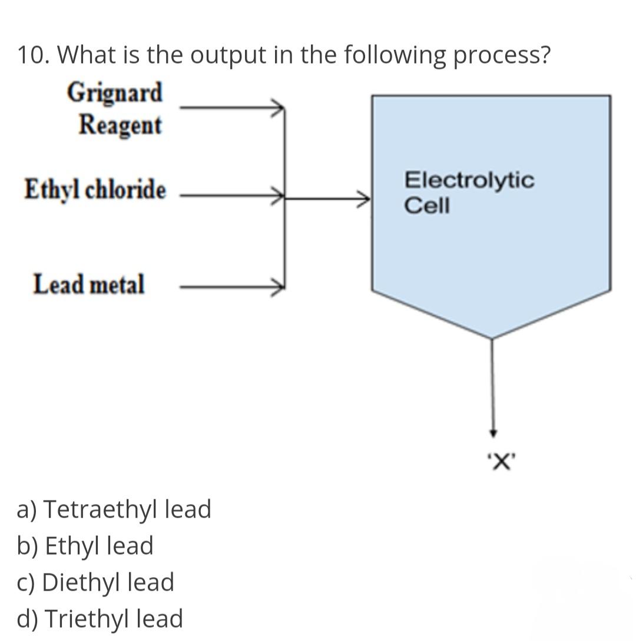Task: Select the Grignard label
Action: point(114,93)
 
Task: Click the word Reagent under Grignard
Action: point(120,125)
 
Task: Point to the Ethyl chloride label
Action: point(95,190)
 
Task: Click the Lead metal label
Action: point(88,284)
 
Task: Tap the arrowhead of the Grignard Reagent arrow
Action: point(280,108)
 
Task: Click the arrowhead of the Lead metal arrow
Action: point(280,286)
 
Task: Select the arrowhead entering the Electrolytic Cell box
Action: point(366,198)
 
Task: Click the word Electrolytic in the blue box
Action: point(469,180)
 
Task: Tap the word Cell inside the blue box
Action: point(426,206)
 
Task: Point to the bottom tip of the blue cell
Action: point(492,338)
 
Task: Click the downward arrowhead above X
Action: point(493,433)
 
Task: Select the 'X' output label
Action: point(499,461)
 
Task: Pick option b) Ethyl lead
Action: point(85,546)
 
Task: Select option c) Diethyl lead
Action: point(96,582)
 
